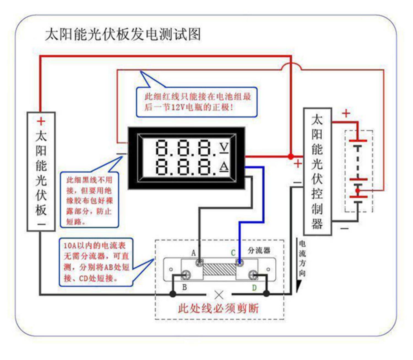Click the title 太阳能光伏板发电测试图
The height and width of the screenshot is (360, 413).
(123, 34)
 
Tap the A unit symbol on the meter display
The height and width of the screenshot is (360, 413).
(224, 166)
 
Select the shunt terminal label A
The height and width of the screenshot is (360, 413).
(194, 253)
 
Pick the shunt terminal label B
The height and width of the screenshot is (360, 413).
(184, 287)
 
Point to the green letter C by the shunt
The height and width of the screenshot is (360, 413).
(233, 253)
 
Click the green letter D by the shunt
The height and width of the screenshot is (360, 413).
(254, 288)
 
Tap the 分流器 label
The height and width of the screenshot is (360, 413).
(259, 250)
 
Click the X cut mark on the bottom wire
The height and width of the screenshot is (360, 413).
(219, 295)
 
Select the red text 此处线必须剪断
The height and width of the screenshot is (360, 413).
(218, 308)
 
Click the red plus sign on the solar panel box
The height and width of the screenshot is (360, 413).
(41, 121)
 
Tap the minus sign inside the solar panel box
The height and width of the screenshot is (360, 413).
(41, 224)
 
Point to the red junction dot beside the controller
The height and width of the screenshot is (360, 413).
(291, 157)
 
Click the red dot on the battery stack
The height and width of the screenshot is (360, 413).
(357, 190)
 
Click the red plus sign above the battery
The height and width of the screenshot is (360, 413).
(346, 113)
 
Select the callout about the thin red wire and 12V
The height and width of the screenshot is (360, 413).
(197, 102)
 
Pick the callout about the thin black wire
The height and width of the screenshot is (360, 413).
(89, 200)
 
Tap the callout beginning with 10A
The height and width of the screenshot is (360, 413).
(96, 262)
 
